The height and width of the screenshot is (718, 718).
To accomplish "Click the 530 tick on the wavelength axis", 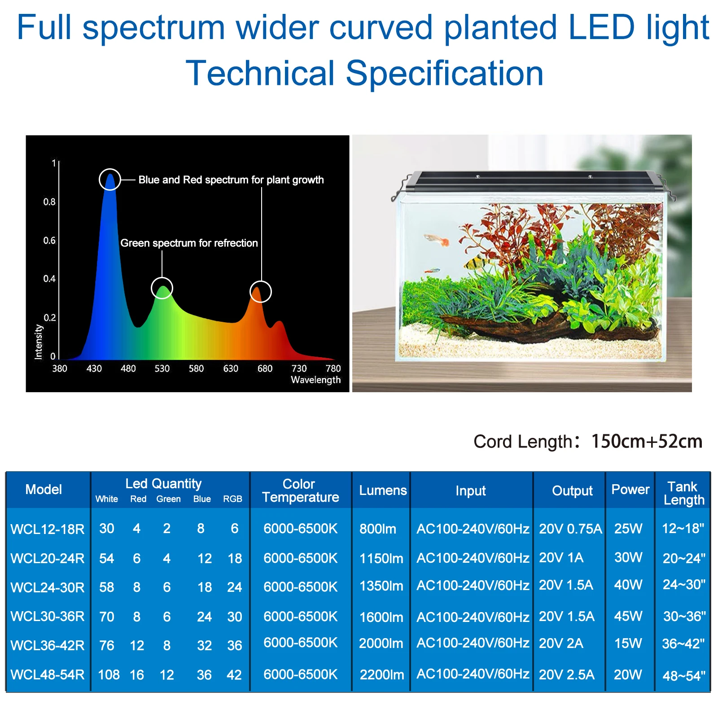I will click(x=162, y=368).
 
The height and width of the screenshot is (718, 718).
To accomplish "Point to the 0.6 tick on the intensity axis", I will click(x=49, y=241).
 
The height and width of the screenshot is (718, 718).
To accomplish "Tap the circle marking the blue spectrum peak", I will click(x=110, y=179).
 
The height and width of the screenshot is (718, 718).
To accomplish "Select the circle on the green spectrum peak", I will click(x=162, y=288).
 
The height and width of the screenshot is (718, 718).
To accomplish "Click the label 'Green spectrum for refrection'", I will click(x=189, y=243).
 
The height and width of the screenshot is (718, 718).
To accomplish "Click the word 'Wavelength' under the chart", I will click(x=315, y=380).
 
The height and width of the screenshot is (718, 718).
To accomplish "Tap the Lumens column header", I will click(x=382, y=490).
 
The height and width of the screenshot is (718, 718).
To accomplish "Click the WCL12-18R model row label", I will click(x=48, y=529).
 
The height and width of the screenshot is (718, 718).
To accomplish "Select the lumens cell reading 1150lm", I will click(x=381, y=558).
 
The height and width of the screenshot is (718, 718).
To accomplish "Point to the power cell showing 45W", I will click(x=628, y=616).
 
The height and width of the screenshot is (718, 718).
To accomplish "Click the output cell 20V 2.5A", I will click(x=566, y=674).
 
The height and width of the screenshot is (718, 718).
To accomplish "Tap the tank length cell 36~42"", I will click(x=683, y=644).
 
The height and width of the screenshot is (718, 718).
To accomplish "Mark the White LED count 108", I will click(x=109, y=674).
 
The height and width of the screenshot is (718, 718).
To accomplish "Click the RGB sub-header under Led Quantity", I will click(x=232, y=499).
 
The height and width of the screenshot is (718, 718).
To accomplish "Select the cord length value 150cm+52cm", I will click(x=646, y=441).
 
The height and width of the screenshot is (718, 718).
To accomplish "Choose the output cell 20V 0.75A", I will click(x=570, y=529).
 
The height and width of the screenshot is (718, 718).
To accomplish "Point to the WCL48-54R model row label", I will click(x=48, y=674).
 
